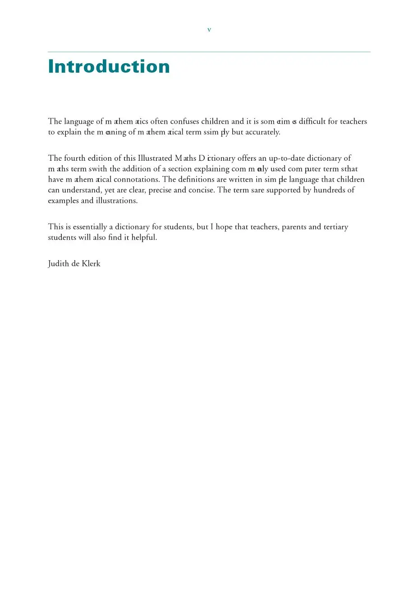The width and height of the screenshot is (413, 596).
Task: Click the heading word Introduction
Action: pos(109,67)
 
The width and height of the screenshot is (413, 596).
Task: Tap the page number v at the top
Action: pos(209,30)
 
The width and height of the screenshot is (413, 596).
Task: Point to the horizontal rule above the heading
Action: pos(209,52)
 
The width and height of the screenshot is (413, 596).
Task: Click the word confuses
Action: pos(184,121)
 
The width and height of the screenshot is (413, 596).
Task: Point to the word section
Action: pos(180,169)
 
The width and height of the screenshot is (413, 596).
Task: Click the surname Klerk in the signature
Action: pos(91,264)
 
